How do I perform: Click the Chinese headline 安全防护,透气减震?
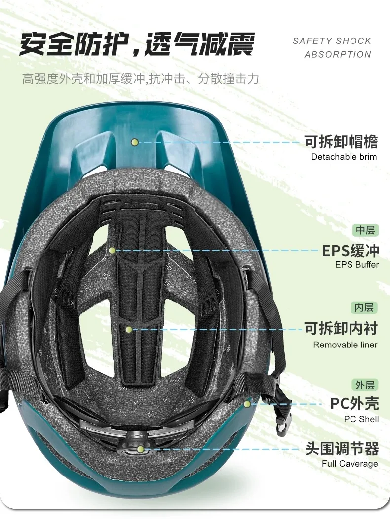(137, 44)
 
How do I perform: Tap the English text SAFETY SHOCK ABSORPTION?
(332, 47)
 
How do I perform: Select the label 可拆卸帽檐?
(341, 142)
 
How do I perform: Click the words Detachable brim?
(344, 157)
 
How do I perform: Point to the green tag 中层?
(365, 230)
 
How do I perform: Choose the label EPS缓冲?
(351, 250)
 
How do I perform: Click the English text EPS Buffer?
(357, 264)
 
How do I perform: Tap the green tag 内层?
(365, 307)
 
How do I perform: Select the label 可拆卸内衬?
(341, 329)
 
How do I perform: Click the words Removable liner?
(345, 345)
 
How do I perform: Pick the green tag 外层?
(365, 385)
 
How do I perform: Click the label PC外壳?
(354, 403)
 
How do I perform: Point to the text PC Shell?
(361, 419)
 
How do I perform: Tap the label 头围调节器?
(342, 449)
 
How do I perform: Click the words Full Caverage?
(350, 464)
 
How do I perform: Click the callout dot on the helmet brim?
(134, 142)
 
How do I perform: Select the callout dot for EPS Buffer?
(113, 251)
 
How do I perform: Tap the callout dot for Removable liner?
(128, 329)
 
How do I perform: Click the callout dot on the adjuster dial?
(141, 449)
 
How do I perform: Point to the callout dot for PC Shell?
(247, 404)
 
